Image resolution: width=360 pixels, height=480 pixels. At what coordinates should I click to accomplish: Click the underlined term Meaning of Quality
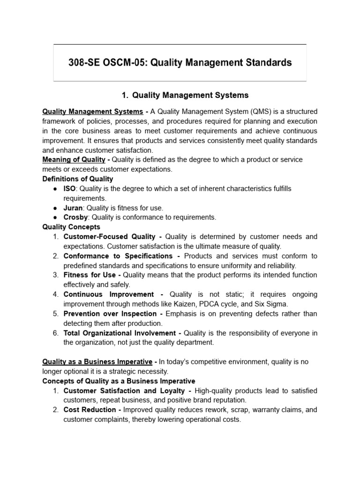pos(74,159)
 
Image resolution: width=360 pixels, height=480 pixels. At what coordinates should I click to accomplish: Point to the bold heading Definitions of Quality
pos(77,179)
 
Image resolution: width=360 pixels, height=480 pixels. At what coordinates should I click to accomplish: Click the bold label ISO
pos(69,188)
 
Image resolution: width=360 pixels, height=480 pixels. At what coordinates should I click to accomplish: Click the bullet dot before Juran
pos(55,208)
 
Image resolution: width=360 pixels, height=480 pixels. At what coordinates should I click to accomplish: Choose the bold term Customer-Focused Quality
pos(109,237)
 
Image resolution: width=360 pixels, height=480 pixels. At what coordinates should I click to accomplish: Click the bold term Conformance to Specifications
pos(118,256)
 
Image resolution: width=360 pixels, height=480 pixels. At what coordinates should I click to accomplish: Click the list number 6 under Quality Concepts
pos(55,333)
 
